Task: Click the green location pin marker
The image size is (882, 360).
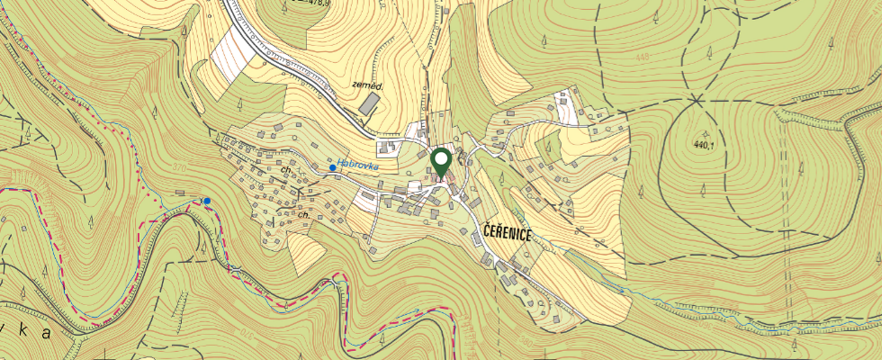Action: pyautogui.click(x=441, y=163)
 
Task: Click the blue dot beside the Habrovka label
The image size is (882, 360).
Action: pyautogui.click(x=333, y=167)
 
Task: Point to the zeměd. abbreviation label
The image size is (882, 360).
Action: pyautogui.click(x=367, y=86)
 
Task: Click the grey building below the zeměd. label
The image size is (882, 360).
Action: pyautogui.click(x=368, y=104)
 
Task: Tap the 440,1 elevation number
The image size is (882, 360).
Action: pyautogui.click(x=707, y=143)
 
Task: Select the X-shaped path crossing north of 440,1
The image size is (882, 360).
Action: pyautogui.click(x=697, y=96)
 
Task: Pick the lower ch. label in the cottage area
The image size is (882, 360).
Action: pyautogui.click(x=304, y=215)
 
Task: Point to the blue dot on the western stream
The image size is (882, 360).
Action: pyautogui.click(x=207, y=201)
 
